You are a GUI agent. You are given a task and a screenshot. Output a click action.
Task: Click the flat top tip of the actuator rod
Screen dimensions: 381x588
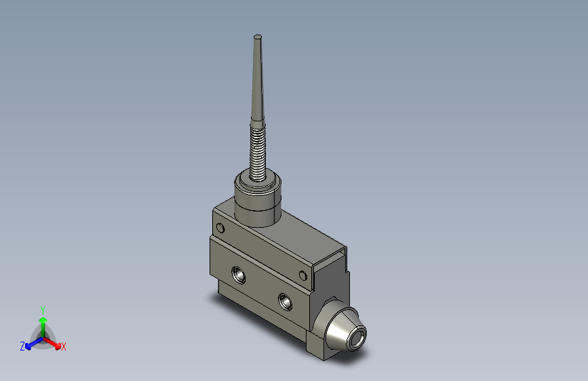257,36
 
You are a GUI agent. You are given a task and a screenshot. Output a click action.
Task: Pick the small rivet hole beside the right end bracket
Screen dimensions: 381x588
304,275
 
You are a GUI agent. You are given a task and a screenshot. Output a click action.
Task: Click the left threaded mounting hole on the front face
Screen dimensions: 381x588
239,275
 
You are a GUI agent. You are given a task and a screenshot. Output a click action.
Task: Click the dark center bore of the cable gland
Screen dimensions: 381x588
357,336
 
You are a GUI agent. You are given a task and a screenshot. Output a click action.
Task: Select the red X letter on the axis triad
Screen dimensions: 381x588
64,347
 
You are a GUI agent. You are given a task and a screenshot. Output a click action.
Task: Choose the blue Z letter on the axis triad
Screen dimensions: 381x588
22,346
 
